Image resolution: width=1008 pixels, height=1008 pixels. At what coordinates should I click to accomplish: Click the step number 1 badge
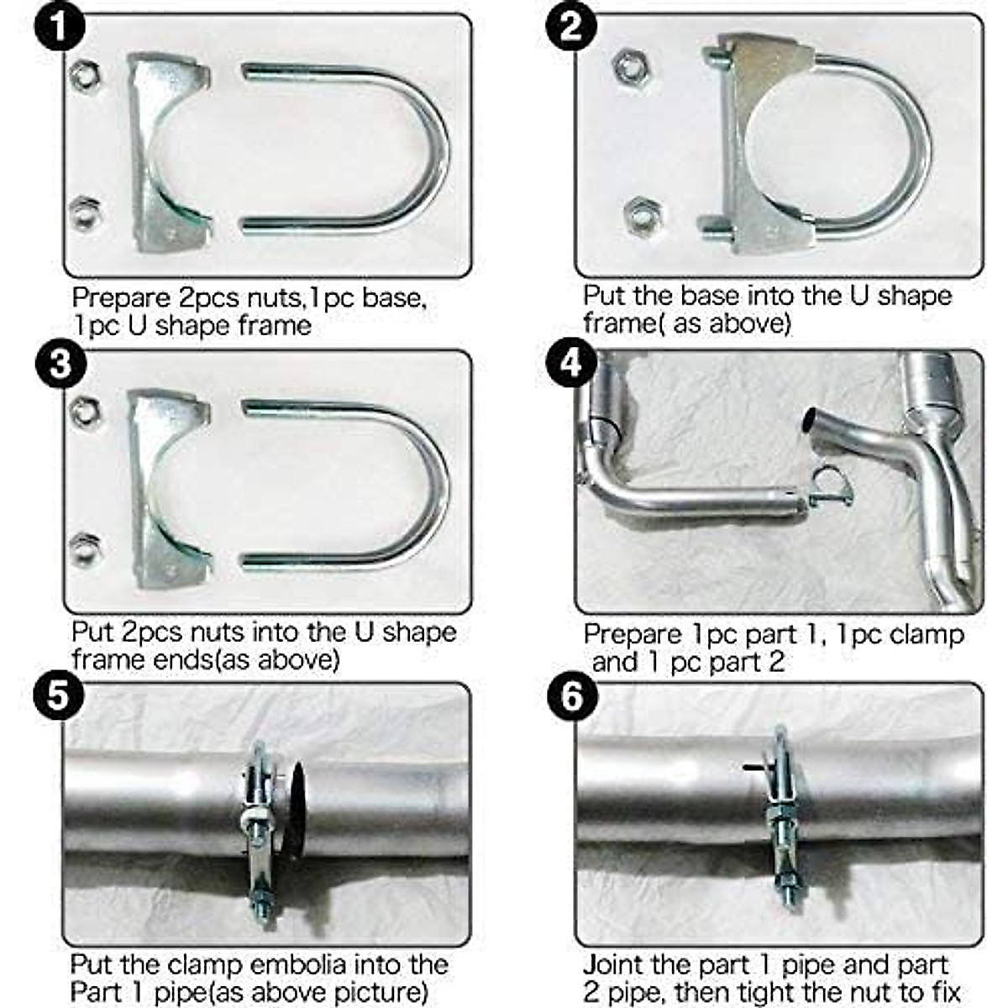click(x=60, y=26)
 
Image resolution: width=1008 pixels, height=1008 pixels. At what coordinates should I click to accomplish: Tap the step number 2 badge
click(x=571, y=26)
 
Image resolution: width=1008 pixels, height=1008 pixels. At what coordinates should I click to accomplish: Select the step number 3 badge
click(x=60, y=363)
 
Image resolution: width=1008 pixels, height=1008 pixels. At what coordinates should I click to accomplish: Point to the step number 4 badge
click(x=571, y=363)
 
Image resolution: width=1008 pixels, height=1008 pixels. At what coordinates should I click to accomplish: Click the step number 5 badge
click(x=59, y=696)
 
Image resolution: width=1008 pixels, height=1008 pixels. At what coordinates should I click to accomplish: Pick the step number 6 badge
click(x=572, y=696)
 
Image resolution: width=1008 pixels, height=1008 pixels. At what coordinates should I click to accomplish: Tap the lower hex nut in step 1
click(x=86, y=213)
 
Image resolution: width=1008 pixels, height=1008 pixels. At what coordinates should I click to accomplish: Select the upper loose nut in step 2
click(x=632, y=66)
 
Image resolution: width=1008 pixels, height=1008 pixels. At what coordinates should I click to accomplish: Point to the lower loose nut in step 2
click(x=643, y=216)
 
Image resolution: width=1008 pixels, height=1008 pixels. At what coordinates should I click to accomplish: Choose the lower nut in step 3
click(x=86, y=549)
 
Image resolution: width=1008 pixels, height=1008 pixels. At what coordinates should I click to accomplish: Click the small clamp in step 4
click(x=831, y=488)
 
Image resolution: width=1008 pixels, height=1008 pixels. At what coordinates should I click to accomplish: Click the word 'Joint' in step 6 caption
click(x=615, y=949)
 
